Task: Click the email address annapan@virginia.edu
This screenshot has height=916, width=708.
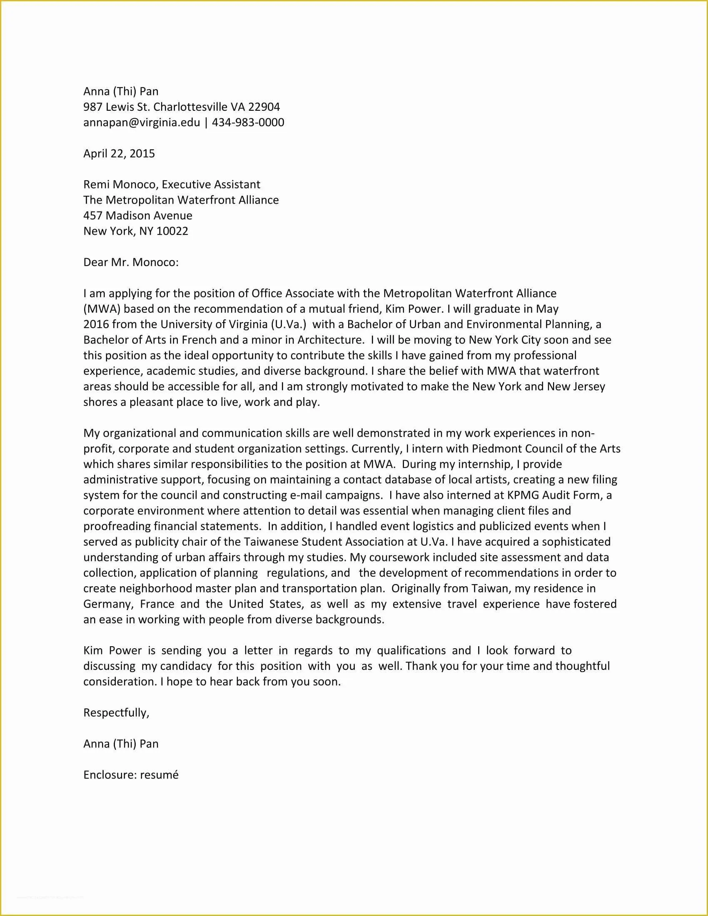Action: (x=142, y=122)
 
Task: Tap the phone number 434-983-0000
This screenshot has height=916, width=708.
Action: (x=248, y=122)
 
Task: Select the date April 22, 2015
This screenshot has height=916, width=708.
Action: (x=119, y=154)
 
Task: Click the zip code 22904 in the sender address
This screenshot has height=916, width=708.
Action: (x=264, y=107)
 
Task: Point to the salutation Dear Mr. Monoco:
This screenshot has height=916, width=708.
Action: (x=131, y=262)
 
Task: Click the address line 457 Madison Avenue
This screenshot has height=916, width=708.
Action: (x=137, y=216)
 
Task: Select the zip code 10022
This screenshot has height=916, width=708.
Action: (x=172, y=231)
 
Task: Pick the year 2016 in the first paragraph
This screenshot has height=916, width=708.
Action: (x=96, y=324)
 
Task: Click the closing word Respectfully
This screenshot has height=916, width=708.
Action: (x=116, y=712)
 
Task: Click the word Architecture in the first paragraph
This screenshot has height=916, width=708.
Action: (x=331, y=340)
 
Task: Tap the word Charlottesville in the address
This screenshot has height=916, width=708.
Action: (x=190, y=107)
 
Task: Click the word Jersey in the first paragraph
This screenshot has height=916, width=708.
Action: (x=588, y=386)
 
